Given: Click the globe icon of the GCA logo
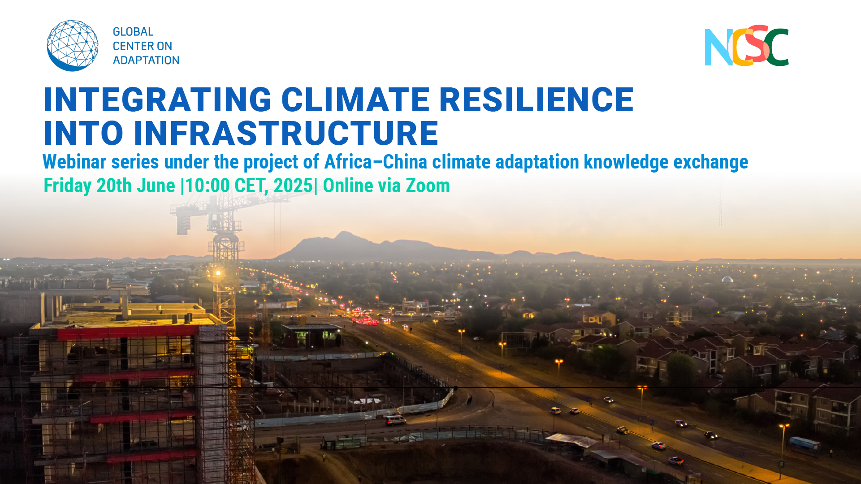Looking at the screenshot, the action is [x=73, y=45].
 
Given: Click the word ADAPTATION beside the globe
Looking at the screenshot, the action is [x=146, y=60].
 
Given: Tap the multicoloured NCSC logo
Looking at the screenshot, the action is [x=747, y=46].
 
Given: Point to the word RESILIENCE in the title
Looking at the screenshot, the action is [x=537, y=99].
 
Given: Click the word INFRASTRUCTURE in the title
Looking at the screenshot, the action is [x=286, y=133].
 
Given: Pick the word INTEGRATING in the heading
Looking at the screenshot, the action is [x=158, y=99].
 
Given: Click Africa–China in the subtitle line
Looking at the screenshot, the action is [x=376, y=162].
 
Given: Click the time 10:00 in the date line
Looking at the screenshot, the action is [x=207, y=186].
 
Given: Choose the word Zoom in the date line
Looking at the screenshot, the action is [x=428, y=186].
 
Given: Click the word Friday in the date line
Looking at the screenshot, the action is [x=67, y=186].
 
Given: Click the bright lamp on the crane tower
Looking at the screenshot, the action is [x=218, y=272].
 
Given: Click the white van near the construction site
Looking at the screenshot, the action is [x=395, y=420].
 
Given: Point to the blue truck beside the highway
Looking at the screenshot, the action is [x=805, y=444].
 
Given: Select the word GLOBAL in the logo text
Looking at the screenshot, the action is [x=133, y=32].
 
